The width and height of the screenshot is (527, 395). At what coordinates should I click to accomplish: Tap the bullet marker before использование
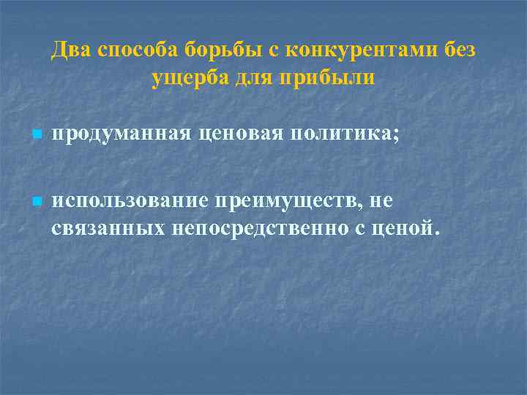37,201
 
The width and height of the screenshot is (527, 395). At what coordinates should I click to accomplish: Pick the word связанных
108,228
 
